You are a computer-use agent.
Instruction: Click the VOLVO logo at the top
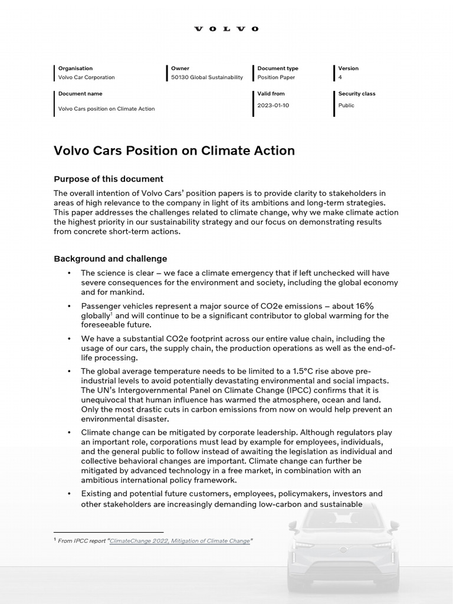[226, 29]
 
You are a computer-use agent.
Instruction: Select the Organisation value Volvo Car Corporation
[86, 77]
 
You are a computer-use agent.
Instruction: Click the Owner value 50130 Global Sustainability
[206, 77]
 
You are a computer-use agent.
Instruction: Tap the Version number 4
[340, 77]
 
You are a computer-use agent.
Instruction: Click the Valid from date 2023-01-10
[273, 106]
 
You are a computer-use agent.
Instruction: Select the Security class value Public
[346, 106]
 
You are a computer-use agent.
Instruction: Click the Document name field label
[80, 94]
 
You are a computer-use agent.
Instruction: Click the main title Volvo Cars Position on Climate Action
[174, 150]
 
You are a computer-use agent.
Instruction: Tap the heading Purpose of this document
[109, 179]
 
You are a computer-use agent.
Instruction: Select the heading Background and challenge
[110, 258]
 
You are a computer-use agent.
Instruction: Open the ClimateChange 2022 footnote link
[180, 541]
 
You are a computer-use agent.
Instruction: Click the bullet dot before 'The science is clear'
[69, 273]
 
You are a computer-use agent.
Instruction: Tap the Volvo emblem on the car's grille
[343, 550]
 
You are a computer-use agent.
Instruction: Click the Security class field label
[356, 94]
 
